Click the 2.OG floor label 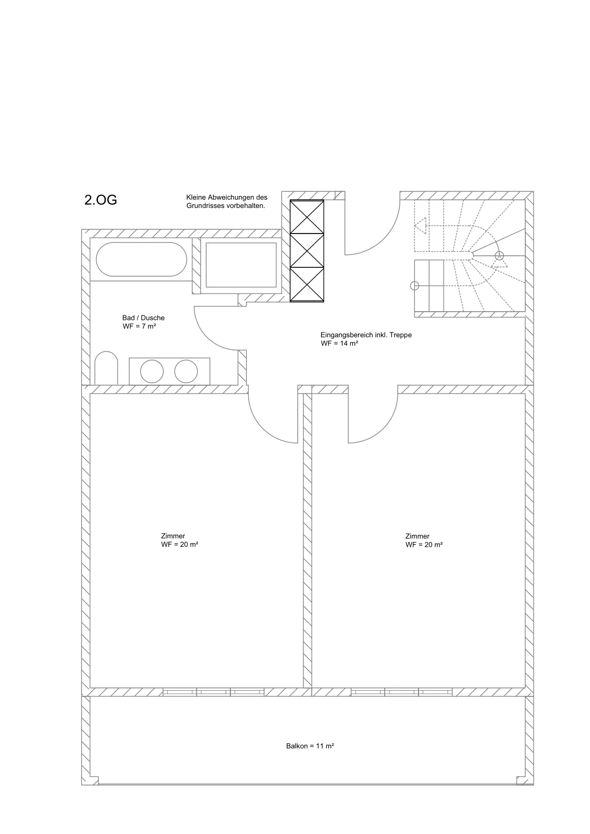point(101,200)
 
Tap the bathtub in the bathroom point(141,260)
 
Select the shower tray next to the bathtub point(241,265)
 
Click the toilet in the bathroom point(106,368)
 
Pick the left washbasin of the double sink point(152,371)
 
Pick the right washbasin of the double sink point(186,371)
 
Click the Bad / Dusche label point(143,318)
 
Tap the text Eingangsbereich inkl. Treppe point(366,335)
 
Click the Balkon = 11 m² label point(310,746)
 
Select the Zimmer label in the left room point(173,536)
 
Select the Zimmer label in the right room point(417,536)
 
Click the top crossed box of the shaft point(307,217)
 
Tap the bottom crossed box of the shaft point(307,285)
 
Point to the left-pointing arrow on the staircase point(420,226)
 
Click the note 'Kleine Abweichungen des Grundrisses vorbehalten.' point(227,201)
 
